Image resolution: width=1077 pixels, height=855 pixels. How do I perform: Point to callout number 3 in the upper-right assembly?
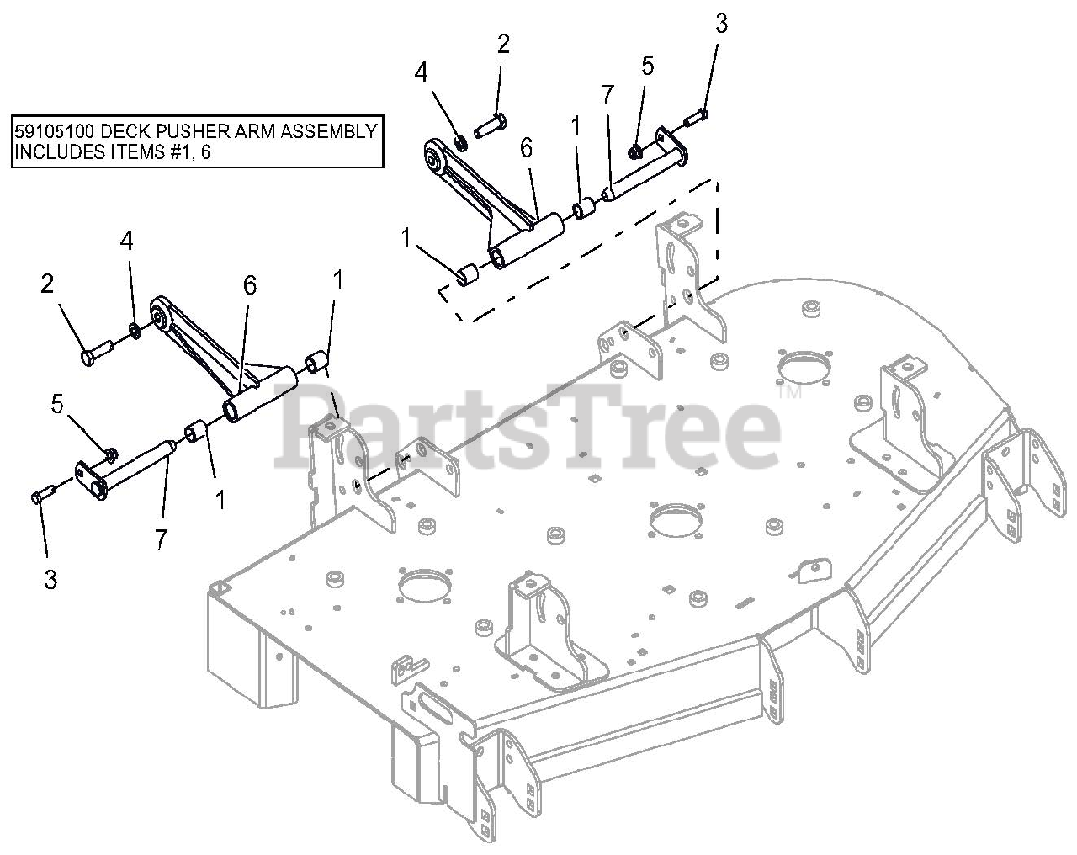point(720,24)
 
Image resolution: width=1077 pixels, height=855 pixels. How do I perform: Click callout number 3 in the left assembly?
point(50,580)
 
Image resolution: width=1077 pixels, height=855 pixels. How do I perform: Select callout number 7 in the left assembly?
point(161,540)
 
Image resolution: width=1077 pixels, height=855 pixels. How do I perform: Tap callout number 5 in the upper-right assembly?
point(647,66)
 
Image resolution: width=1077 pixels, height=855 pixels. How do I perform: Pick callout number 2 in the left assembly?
point(47,284)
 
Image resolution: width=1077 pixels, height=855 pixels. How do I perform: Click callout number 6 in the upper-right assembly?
point(527,148)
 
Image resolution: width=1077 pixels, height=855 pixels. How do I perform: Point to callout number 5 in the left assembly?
point(57,404)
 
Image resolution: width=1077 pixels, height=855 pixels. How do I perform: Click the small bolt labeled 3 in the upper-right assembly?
point(695,122)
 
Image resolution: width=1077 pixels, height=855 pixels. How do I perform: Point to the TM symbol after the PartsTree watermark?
point(788,393)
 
